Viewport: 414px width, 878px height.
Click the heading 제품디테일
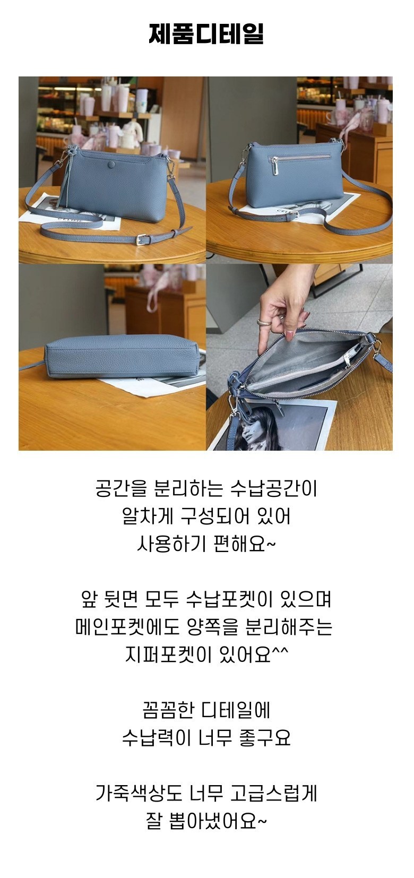pyautogui.click(x=206, y=34)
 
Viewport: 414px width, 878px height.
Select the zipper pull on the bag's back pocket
pyautogui.click(x=277, y=167)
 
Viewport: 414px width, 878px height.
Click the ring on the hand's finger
pyautogui.click(x=263, y=323)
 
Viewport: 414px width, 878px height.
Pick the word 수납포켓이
pyautogui.click(x=229, y=600)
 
